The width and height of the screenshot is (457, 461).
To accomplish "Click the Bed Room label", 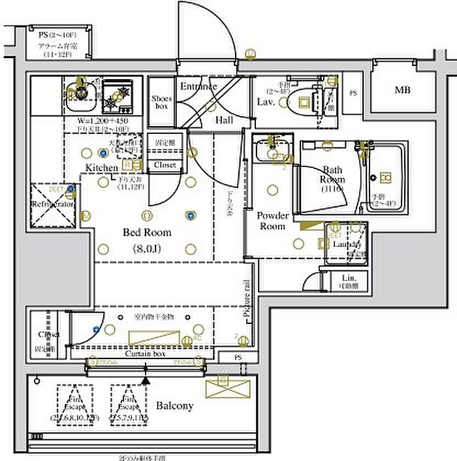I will [148, 232].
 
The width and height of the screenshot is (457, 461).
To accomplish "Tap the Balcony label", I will [174, 406].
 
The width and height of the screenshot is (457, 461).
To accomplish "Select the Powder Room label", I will [272, 221].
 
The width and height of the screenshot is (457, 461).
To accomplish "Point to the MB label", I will [402, 90].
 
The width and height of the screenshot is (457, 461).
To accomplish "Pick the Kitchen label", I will [102, 168].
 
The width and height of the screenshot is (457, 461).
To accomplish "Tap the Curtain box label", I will [145, 353].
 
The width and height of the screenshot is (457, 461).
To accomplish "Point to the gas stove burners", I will [118, 95].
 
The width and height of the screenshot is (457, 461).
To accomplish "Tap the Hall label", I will [225, 120].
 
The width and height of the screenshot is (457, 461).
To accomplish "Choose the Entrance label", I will [198, 86].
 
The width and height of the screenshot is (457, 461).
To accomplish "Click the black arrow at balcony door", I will [146, 379].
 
